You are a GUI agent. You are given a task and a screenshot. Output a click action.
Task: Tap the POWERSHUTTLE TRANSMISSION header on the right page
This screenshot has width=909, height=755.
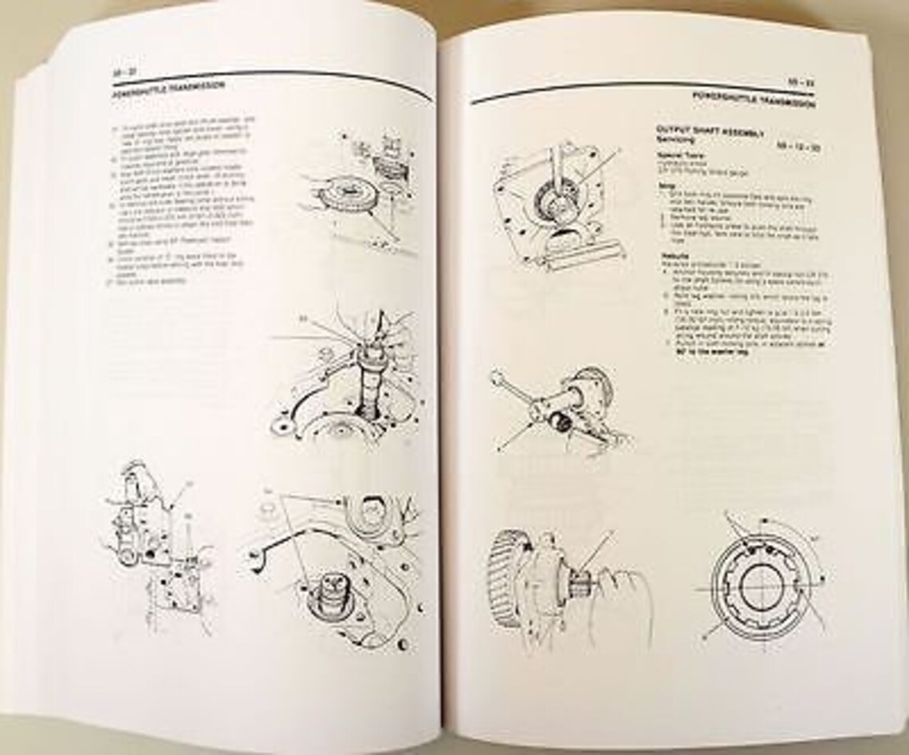point(753,103)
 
